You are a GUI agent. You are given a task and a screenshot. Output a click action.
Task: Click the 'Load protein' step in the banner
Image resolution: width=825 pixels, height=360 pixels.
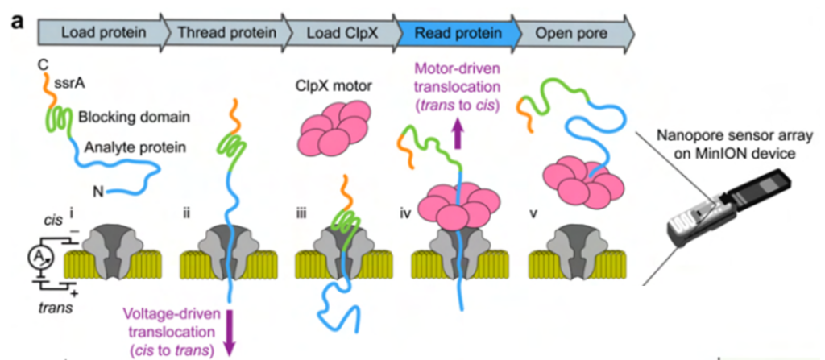point(103,33)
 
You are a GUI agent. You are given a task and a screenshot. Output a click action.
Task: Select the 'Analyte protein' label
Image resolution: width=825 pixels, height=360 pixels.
point(137,147)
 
